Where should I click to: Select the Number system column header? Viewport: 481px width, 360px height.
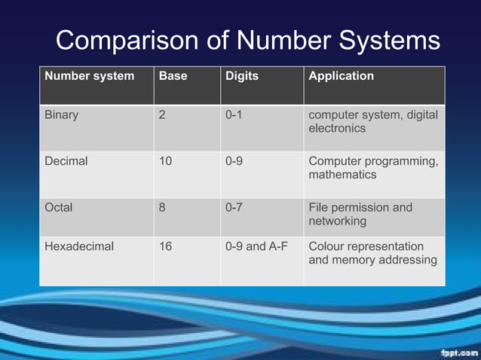pyautogui.click(x=89, y=76)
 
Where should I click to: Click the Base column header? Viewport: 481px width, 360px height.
pyautogui.click(x=173, y=76)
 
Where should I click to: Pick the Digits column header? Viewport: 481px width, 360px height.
pyautogui.click(x=241, y=76)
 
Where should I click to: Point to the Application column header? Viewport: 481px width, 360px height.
pyautogui.click(x=341, y=76)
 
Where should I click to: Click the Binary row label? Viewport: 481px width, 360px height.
pyautogui.click(x=61, y=116)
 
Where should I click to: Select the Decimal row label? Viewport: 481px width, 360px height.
pyautogui.click(x=66, y=161)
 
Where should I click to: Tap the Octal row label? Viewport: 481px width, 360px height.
pyautogui.click(x=59, y=207)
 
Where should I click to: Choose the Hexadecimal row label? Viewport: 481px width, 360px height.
pyautogui.click(x=78, y=246)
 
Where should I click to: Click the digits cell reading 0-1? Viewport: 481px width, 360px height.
pyautogui.click(x=234, y=116)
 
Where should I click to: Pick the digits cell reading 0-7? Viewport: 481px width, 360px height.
pyautogui.click(x=234, y=207)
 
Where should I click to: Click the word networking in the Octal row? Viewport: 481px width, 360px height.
pyautogui.click(x=337, y=221)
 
